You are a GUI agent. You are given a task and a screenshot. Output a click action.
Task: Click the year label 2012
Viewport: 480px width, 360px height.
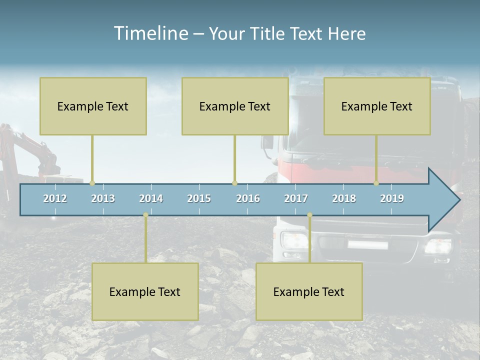pyautogui.click(x=55, y=198)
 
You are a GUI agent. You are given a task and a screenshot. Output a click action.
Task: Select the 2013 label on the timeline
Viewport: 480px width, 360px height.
pyautogui.click(x=103, y=198)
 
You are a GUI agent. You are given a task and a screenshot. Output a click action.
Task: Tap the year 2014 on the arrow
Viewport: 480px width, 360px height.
pyautogui.click(x=151, y=198)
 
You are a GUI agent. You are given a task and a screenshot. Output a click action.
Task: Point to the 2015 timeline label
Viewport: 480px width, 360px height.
pyautogui.click(x=199, y=198)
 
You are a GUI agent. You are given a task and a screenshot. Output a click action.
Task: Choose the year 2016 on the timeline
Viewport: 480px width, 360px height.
pyautogui.click(x=248, y=198)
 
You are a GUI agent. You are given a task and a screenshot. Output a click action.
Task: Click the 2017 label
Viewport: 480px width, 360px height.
pyautogui.click(x=296, y=198)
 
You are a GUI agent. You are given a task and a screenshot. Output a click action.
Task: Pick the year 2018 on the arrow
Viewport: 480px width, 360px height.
pyautogui.click(x=344, y=198)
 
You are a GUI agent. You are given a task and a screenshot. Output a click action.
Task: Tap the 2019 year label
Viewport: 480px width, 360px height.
pyautogui.click(x=392, y=198)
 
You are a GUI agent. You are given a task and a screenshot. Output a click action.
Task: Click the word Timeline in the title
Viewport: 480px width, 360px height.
pyautogui.click(x=150, y=33)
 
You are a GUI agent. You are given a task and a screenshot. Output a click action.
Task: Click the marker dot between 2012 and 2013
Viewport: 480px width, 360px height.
pyautogui.click(x=92, y=183)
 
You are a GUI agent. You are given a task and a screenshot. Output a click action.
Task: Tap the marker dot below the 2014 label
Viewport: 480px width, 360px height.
pyautogui.click(x=145, y=215)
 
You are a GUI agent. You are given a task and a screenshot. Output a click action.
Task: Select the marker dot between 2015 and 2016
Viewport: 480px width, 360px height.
pyautogui.click(x=234, y=183)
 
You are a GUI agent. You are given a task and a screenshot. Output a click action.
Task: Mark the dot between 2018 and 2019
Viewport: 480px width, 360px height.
pyautogui.click(x=376, y=183)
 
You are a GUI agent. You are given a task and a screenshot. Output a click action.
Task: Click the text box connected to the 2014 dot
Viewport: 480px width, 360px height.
pyautogui.click(x=145, y=291)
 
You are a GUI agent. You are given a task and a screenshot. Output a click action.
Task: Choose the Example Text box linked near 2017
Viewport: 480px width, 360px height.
pyautogui.click(x=309, y=291)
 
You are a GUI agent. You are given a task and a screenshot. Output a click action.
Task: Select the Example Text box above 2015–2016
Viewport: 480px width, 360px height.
pyautogui.click(x=235, y=106)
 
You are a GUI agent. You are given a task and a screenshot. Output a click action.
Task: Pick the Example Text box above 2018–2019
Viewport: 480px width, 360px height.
pyautogui.click(x=377, y=106)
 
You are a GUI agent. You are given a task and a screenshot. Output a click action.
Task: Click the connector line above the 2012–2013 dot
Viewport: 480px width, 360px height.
pyautogui.click(x=92, y=157)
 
